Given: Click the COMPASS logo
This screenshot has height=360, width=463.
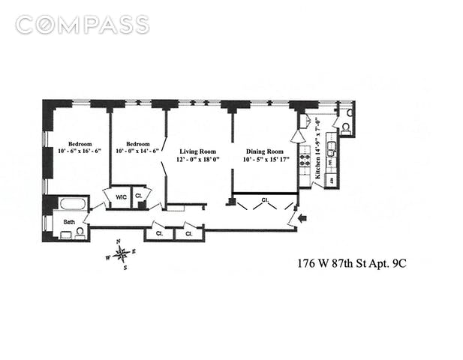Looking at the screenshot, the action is (82, 25).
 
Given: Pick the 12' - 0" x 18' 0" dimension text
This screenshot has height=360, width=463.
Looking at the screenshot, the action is (191, 158).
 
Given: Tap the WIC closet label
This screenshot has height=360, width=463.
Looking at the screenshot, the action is (120, 197).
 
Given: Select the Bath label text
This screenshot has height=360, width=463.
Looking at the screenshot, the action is (69, 222).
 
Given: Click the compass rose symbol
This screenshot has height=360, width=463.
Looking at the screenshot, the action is (121, 253).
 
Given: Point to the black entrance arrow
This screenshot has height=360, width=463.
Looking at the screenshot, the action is (303, 218).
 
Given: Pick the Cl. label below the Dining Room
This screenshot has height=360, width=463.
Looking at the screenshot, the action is (266, 199).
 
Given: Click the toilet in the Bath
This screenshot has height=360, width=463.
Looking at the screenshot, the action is (66, 234).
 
